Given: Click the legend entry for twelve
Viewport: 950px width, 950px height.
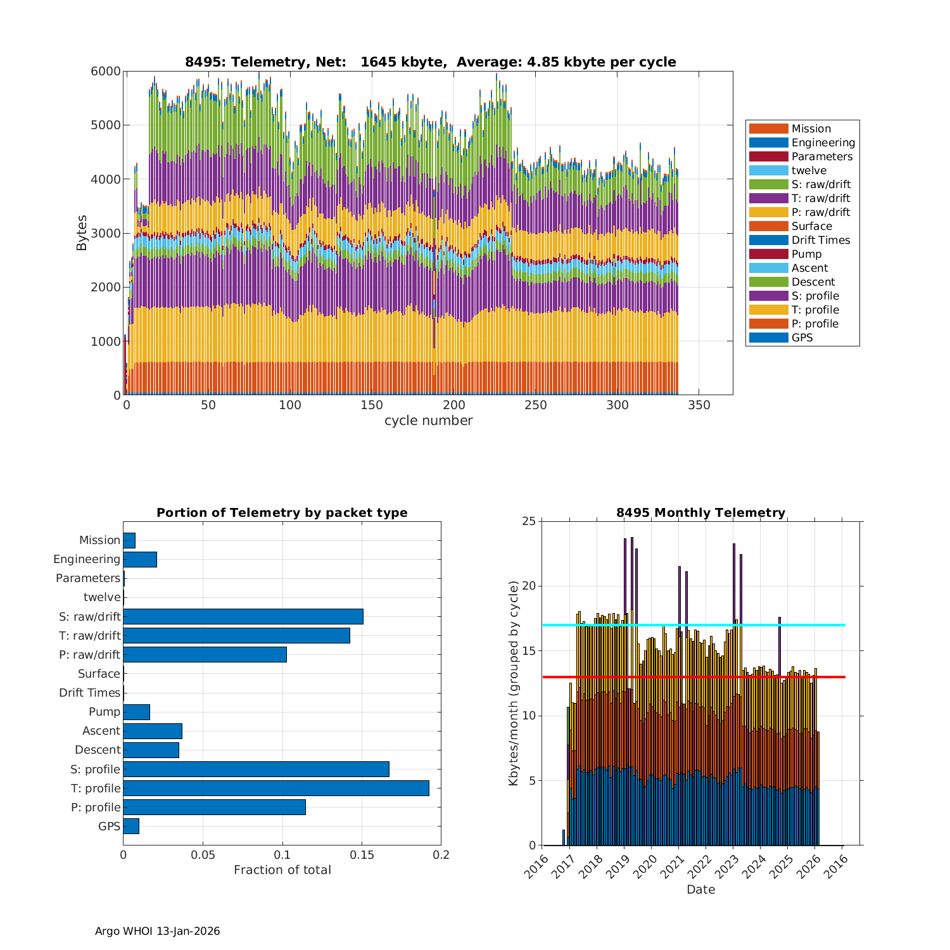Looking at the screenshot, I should [809, 170].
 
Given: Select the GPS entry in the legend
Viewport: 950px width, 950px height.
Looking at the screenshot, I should [802, 338].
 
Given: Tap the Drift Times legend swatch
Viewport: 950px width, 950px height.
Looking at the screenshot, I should [768, 240].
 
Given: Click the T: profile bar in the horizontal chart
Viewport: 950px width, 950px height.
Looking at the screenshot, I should [275, 788].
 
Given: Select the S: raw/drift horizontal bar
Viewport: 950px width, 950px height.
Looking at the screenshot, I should [243, 616].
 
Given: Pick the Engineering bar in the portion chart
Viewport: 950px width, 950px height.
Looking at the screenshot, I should [139, 559].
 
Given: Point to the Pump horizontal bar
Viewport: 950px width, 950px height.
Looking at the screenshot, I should [136, 712].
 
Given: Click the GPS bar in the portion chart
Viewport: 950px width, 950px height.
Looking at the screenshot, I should [130, 826].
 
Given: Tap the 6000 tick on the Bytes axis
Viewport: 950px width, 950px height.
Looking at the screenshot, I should [106, 71].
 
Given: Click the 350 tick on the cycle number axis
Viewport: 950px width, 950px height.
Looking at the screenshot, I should [699, 405].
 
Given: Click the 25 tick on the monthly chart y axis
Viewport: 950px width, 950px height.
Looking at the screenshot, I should [529, 521].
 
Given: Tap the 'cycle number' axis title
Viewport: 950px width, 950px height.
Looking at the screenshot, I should [428, 421].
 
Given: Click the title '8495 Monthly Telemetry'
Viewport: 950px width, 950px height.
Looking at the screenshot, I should [700, 512].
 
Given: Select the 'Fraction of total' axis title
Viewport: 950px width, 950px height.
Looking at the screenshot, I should [282, 870].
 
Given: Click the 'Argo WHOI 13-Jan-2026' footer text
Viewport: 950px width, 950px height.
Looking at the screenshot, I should [157, 931].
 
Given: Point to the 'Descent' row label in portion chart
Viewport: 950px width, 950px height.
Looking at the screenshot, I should [98, 750].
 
